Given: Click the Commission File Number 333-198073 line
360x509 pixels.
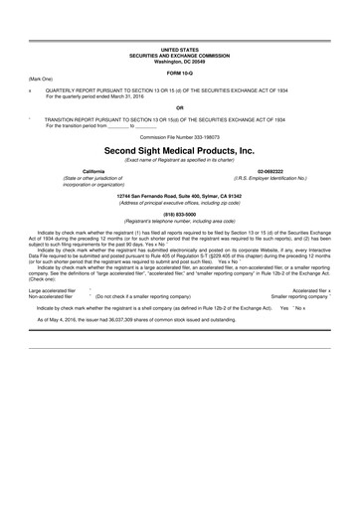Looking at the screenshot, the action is point(180,135).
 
